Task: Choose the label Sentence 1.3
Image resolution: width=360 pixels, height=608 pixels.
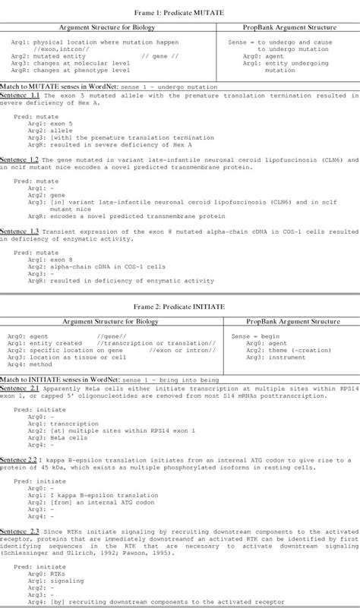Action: (20, 231)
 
